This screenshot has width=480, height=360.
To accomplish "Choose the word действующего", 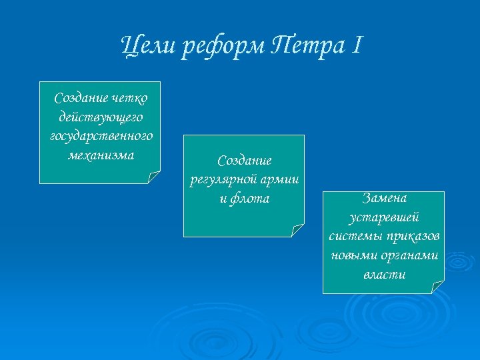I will (101, 117).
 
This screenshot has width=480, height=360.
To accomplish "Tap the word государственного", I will (101, 136).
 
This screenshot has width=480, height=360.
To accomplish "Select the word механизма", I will (101, 155).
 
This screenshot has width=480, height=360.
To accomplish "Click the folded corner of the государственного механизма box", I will (154, 177).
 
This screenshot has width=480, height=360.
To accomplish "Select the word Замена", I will (385, 198).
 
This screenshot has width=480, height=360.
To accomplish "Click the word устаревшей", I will (385, 217).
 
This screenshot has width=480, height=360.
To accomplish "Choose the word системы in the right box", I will (353, 236).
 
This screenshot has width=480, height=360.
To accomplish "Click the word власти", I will (385, 274).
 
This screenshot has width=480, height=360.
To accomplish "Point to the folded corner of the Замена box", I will (438, 287).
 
